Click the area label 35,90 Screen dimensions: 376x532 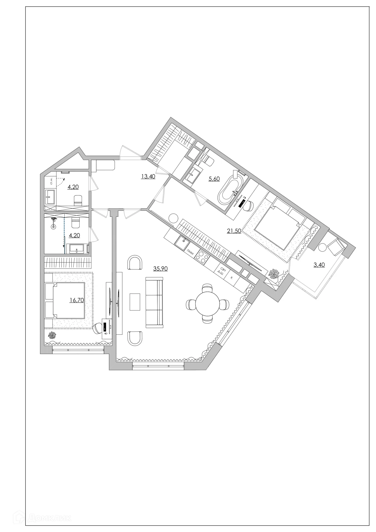(160, 268)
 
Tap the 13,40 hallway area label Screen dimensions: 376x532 (148, 177)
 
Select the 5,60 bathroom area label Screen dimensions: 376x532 (214, 179)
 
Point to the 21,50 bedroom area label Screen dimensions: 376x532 (234, 231)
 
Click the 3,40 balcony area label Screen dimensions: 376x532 (319, 265)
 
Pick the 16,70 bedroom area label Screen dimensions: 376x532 (77, 300)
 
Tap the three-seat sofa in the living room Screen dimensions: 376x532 (154, 303)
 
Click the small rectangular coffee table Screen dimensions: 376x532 (135, 302)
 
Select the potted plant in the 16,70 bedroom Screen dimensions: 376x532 (51, 336)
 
